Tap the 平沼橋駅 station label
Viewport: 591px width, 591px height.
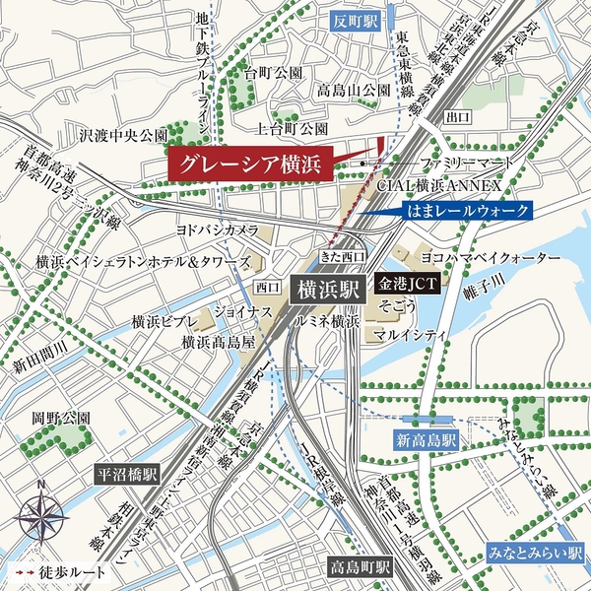point(127,473)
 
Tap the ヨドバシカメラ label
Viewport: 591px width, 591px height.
point(217,229)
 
